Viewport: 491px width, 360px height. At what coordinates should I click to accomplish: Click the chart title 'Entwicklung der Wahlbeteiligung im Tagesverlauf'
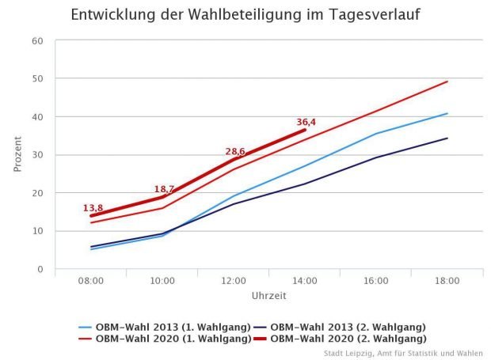click(x=245, y=15)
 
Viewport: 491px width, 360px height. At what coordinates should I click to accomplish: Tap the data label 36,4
click(x=306, y=123)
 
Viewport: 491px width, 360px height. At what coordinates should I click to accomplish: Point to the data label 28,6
click(x=234, y=151)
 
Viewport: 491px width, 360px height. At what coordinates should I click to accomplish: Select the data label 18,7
click(x=164, y=190)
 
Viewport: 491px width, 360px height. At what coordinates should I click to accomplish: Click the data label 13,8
click(x=93, y=208)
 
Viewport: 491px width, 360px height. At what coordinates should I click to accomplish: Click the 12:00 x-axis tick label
click(x=234, y=281)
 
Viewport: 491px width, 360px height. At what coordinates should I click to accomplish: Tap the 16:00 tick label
click(x=375, y=281)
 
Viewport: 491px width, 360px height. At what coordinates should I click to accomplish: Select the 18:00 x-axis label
click(x=447, y=281)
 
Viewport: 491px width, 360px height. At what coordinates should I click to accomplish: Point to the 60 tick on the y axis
click(x=36, y=41)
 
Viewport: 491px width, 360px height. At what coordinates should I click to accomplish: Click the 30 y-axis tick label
click(x=36, y=155)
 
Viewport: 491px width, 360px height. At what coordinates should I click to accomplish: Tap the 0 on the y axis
click(x=39, y=269)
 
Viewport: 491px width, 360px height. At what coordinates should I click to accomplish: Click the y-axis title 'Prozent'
click(x=17, y=154)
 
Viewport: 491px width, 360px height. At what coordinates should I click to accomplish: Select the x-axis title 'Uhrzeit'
click(x=268, y=296)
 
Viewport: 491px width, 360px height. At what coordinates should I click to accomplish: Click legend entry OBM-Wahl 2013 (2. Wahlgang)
click(x=348, y=327)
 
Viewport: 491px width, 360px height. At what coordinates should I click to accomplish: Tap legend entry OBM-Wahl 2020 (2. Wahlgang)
click(x=348, y=339)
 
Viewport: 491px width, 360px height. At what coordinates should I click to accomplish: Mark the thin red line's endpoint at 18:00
click(x=447, y=81)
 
